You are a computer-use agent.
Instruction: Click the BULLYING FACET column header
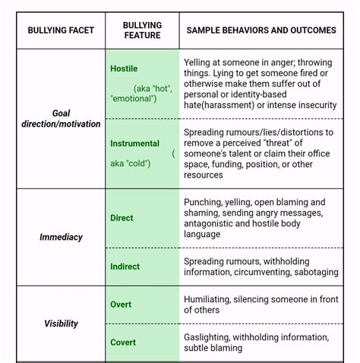coord(61,30)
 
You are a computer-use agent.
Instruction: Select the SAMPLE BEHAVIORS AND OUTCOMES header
coord(261,30)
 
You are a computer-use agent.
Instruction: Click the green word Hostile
coord(124,68)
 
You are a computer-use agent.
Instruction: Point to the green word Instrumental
coord(134,144)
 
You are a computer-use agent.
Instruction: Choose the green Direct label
coord(122,218)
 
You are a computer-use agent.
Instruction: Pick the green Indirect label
coord(125,266)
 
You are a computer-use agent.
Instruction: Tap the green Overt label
coord(121,305)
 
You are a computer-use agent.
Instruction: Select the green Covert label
coord(123,342)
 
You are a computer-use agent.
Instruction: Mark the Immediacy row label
coord(61,237)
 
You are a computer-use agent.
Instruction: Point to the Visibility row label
coord(61,324)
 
